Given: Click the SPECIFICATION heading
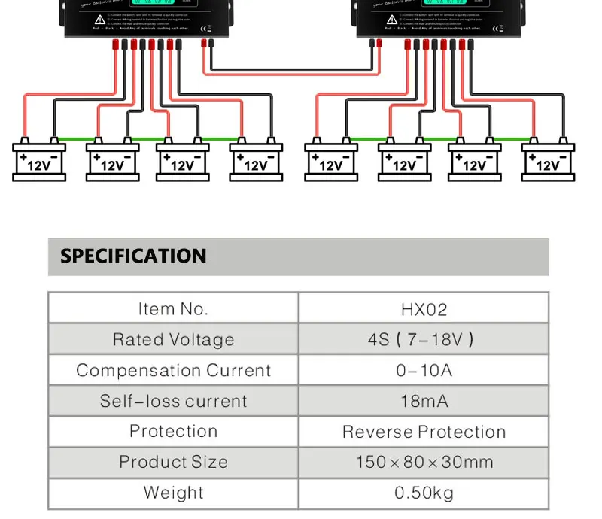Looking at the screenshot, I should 133,256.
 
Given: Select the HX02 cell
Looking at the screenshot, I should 424,309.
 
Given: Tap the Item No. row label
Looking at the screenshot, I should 173,309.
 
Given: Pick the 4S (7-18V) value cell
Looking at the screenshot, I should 424,340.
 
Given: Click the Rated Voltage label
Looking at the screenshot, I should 173,340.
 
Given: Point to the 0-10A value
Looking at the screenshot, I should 424,371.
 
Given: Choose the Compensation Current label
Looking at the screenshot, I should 173,371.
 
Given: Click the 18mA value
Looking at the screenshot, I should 424,402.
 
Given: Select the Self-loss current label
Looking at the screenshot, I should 173,402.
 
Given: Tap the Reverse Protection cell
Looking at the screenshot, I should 424,432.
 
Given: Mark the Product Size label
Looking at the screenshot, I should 173,462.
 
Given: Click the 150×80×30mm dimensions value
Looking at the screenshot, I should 424,462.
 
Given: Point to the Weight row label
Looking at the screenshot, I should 173,493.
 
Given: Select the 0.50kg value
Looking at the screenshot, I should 424,493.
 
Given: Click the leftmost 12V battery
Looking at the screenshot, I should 39,161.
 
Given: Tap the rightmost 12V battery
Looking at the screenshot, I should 548,161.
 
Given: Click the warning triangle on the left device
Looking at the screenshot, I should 100,19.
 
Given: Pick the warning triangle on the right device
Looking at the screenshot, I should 391,19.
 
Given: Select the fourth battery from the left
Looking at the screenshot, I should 256,161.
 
